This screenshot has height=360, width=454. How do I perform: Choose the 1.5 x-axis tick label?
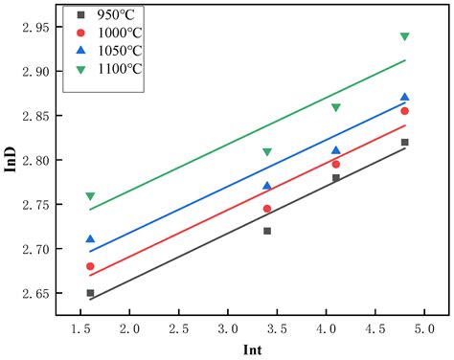pos(80,327)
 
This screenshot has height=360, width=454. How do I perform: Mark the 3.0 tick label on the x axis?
pos(228,327)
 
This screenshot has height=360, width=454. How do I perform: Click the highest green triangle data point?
pos(404,36)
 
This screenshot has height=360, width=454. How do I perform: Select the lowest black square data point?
pos(90,293)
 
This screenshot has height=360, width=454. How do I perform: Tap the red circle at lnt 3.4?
pos(267,209)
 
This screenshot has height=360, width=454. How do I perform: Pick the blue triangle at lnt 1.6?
pos(90,239)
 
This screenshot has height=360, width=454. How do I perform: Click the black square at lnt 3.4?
pos(267,231)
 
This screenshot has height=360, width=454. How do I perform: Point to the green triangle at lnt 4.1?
pos(335,107)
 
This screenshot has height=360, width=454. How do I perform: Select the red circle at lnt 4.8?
pos(404,111)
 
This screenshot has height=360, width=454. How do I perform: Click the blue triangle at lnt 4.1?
pos(335,150)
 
